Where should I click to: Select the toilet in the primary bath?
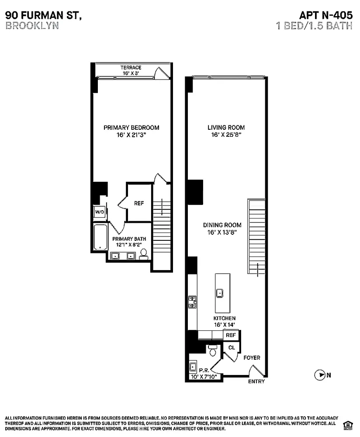(143, 255)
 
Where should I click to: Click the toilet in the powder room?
(213, 350)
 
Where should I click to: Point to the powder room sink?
(193, 366)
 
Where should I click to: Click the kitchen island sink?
(221, 292)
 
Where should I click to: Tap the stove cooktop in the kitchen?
(192, 302)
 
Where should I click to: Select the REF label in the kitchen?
(231, 335)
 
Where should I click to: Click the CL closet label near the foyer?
(232, 347)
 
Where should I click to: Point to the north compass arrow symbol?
(320, 375)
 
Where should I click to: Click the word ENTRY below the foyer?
(256, 382)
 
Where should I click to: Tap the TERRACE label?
(131, 68)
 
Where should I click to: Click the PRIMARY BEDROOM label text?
(131, 128)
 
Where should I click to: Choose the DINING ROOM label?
(222, 225)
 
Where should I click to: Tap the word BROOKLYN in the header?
(32, 25)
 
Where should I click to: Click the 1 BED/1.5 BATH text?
(314, 25)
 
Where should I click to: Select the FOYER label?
(252, 358)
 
